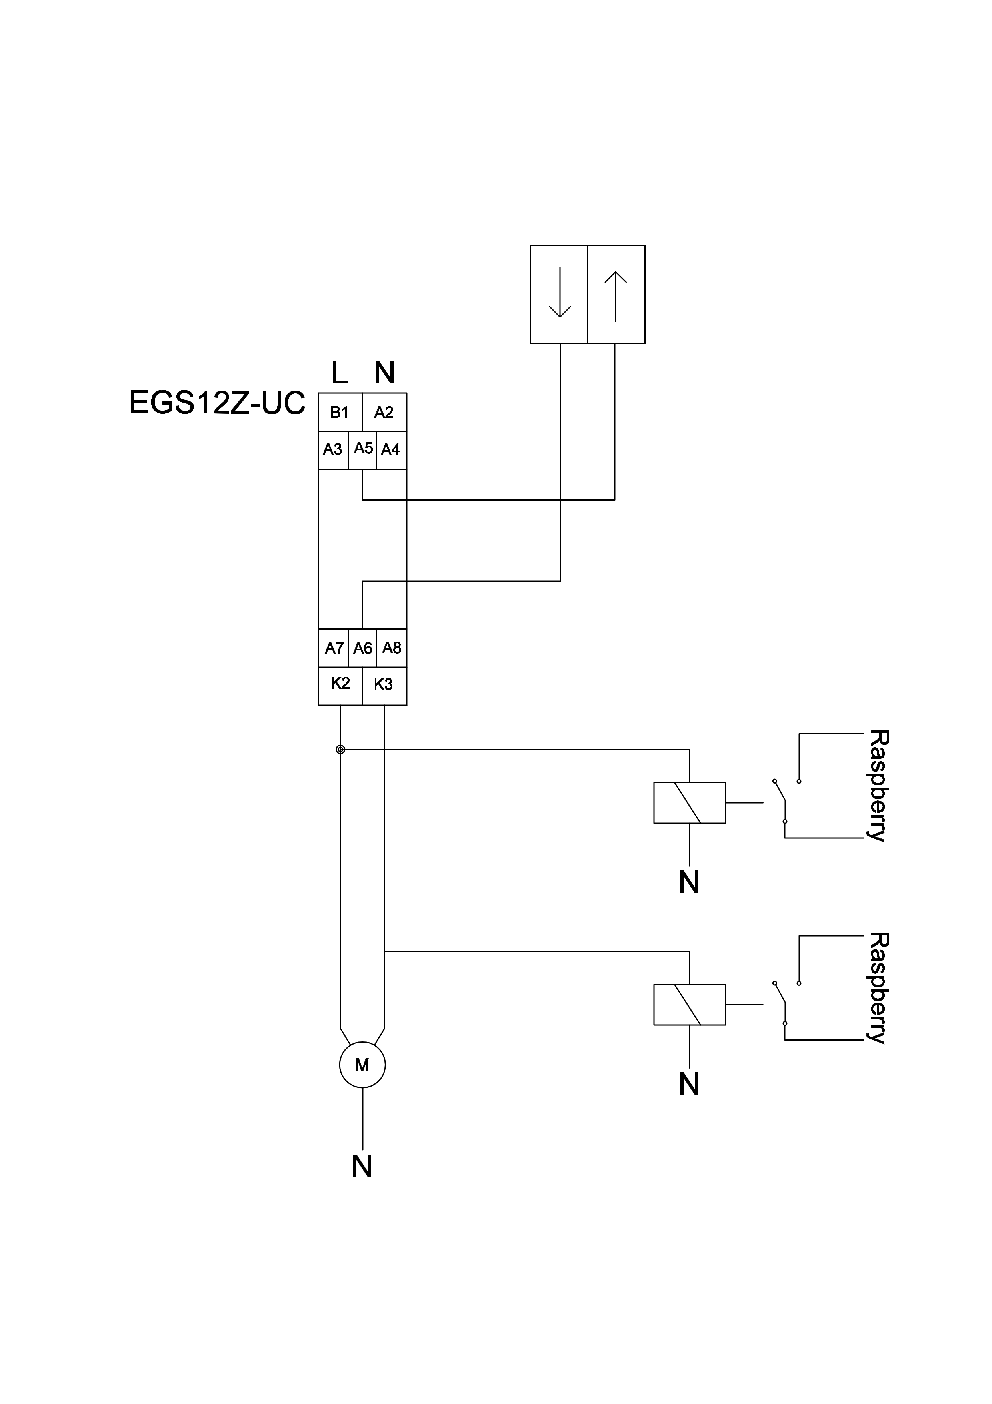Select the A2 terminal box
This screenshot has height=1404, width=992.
(384, 412)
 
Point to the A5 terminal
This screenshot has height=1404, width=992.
(363, 449)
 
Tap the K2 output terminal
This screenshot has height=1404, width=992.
(340, 684)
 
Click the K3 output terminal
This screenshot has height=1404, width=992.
(384, 684)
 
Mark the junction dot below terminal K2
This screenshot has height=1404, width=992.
(340, 750)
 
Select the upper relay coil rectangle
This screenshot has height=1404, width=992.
(690, 803)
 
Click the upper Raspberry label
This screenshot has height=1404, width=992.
(878, 786)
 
